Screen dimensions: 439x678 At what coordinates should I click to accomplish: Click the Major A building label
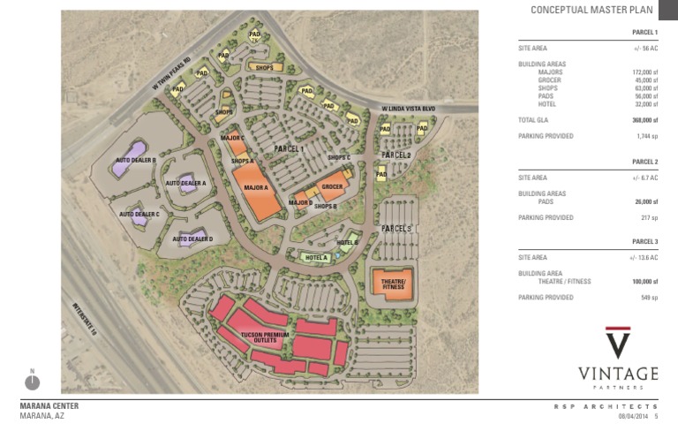click(256, 188)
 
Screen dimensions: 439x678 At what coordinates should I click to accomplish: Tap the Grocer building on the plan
click(331, 187)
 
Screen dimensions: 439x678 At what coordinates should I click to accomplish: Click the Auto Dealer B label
click(135, 161)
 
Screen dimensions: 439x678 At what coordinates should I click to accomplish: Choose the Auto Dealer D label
click(192, 238)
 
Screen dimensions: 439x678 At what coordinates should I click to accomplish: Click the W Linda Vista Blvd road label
click(410, 110)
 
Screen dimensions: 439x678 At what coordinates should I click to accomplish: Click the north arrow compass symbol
click(33, 382)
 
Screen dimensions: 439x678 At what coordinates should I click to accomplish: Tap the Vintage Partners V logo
click(618, 342)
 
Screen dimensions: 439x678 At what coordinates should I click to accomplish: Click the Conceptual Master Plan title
click(591, 11)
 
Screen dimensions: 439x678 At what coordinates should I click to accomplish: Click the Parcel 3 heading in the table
click(644, 241)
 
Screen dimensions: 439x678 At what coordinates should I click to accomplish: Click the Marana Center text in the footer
click(49, 406)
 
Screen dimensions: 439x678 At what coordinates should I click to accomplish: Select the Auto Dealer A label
click(185, 183)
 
